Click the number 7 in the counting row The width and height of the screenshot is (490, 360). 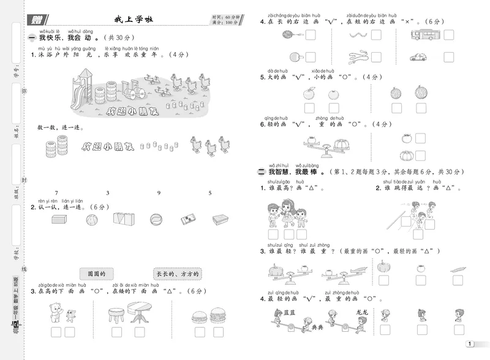pos(56,193)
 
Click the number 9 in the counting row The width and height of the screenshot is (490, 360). pos(159,193)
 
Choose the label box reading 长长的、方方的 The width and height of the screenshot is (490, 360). pos(178,274)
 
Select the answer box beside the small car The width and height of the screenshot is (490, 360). pos(449,57)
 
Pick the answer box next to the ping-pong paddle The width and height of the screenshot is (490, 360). pos(310,58)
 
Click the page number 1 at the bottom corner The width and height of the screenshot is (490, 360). pos(469,343)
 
